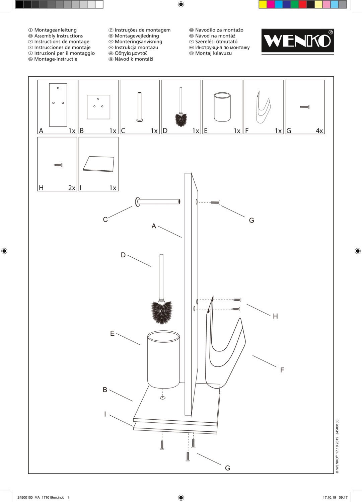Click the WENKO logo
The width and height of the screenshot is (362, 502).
(x=297, y=41)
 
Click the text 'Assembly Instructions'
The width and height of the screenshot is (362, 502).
(x=58, y=36)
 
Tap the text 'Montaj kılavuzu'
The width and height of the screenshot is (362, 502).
(x=213, y=53)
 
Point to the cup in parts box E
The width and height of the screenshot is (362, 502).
(x=222, y=108)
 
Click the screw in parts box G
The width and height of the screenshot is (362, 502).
(x=304, y=107)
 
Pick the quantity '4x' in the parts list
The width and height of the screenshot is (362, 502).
(x=319, y=131)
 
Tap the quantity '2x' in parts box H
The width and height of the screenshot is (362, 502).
(x=72, y=188)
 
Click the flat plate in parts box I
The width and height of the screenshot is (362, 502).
(x=98, y=164)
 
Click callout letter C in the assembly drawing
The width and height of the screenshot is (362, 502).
(x=105, y=220)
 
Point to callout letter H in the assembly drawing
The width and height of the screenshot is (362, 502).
(x=275, y=316)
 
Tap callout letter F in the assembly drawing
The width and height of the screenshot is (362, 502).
(x=282, y=370)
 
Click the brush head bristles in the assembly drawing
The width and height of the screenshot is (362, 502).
(x=162, y=312)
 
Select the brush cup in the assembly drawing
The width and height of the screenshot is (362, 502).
(x=163, y=360)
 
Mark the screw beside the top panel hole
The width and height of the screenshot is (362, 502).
(x=215, y=202)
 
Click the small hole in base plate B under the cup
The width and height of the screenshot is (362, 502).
(x=163, y=398)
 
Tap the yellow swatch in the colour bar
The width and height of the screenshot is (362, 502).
(x=263, y=4)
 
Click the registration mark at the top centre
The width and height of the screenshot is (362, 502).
(x=181, y=4)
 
